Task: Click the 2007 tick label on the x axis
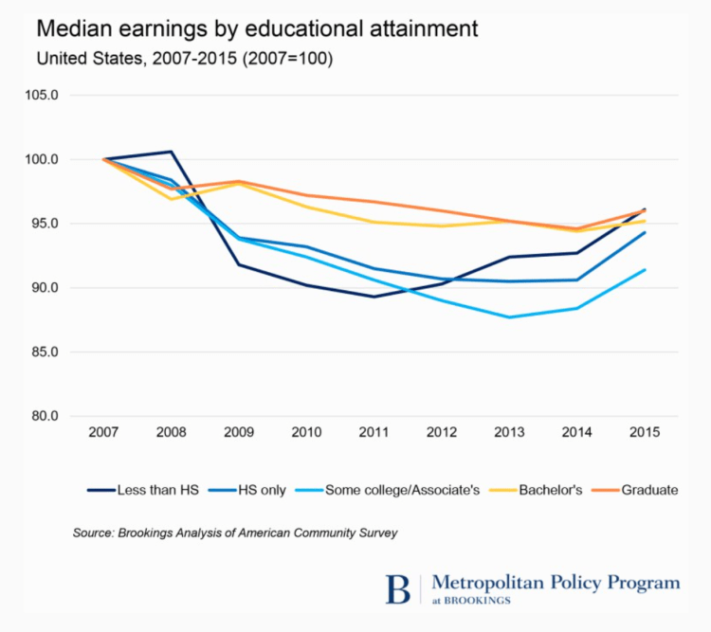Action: click(103, 433)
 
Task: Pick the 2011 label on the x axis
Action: click(374, 433)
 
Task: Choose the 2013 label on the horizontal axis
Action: click(509, 433)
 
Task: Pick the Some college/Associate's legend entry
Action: click(396, 490)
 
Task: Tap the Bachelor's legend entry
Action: click(539, 490)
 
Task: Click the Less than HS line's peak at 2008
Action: click(171, 152)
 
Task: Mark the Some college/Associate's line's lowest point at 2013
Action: click(509, 317)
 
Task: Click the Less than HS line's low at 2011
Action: click(374, 297)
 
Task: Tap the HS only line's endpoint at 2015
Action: click(645, 232)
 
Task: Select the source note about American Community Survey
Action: click(234, 533)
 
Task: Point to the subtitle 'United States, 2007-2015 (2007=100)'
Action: click(184, 59)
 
